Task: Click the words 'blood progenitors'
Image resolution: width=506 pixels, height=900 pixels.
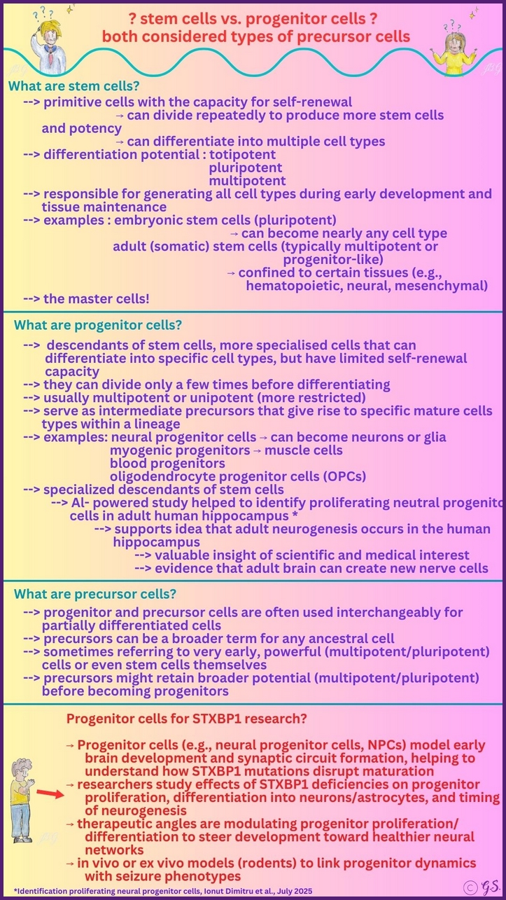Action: [167, 463]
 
